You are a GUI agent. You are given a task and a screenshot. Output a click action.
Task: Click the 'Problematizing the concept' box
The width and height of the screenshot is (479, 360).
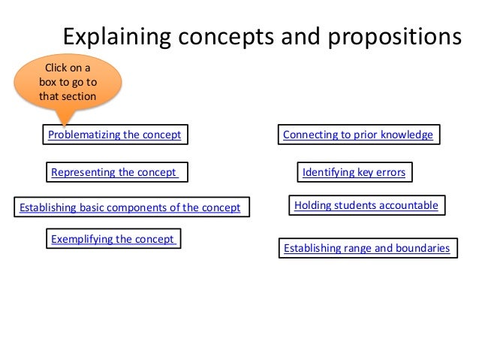coord(114,135)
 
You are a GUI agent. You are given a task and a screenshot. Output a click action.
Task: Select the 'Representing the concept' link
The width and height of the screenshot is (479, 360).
coord(116,173)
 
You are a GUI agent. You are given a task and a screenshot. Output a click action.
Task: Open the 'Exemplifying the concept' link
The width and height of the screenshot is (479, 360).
coord(113,240)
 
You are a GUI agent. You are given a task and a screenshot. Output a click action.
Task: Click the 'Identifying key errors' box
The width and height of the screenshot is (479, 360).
coord(354,173)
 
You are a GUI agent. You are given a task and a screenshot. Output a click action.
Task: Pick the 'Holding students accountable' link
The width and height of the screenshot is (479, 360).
coord(366,204)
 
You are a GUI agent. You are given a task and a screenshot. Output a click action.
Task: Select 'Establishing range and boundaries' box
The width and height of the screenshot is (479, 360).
coord(367,248)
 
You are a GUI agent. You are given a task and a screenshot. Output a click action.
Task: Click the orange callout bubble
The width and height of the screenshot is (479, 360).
coord(68,83)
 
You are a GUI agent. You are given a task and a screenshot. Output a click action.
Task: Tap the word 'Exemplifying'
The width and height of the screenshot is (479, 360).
coord(83,240)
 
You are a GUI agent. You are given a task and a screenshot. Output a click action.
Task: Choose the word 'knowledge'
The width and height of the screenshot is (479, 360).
coord(406,135)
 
